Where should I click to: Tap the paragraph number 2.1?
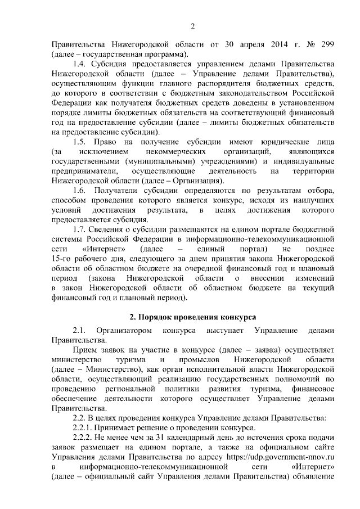(x=81, y=330)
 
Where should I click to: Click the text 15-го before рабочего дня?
(x=62, y=259)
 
